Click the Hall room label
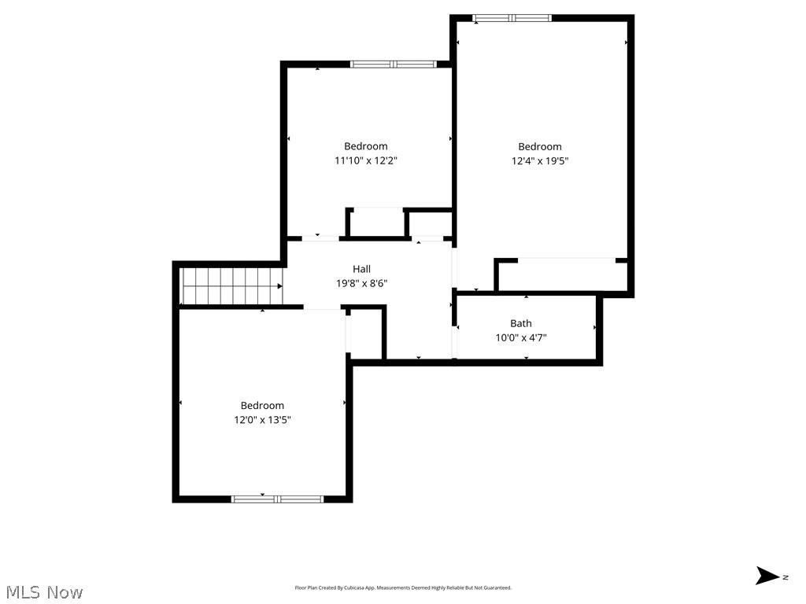[361, 269]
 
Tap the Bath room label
[520, 323]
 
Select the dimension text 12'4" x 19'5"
[540, 160]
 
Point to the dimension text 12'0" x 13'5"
[262, 420]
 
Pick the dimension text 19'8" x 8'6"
[361, 283]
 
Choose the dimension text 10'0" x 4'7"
[520, 337]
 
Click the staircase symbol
[232, 285]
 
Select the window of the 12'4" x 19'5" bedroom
[512, 18]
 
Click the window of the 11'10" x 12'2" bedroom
[393, 64]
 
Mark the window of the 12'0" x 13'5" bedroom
[277, 499]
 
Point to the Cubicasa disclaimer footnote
[403, 587]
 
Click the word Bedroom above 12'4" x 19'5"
[540, 146]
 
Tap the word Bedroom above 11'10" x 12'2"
[366, 146]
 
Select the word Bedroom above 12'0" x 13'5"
[262, 406]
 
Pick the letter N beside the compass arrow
[786, 577]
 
